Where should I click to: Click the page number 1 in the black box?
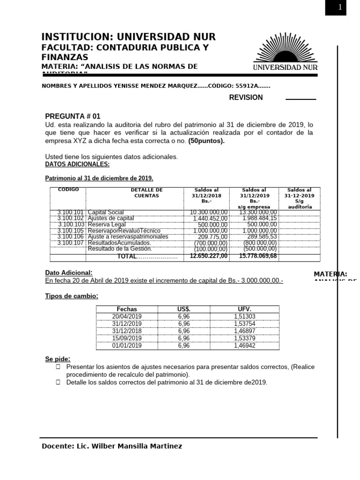pos(340,7)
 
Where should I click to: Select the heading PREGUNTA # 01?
pos(73,116)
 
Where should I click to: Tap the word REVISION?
pos(246,97)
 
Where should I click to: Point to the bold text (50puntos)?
pos(206,141)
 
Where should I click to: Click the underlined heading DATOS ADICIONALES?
pos(77,164)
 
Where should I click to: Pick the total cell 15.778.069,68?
pos(258,256)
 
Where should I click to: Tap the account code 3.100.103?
pos(70,225)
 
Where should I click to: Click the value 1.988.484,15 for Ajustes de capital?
pos(260,218)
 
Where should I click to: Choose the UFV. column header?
pos(245,309)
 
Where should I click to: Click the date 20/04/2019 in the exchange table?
pos(127,316)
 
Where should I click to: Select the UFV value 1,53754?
pos(245,324)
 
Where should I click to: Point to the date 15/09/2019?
pos(127,338)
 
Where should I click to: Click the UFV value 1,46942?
pos(245,346)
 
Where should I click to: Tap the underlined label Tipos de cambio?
pos(72,296)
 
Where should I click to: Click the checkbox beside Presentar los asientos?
pos(58,367)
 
